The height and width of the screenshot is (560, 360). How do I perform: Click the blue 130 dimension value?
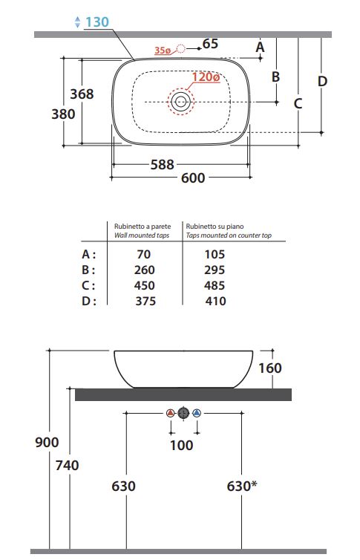pyautogui.click(x=96, y=22)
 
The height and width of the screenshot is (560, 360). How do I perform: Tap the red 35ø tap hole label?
pyautogui.click(x=163, y=51)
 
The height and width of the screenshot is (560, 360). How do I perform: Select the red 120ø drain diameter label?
pyautogui.click(x=206, y=76)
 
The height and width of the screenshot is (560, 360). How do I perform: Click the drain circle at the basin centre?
pyautogui.click(x=180, y=102)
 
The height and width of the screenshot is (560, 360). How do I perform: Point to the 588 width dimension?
pyautogui.click(x=163, y=165)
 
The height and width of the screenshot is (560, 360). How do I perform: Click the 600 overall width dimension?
pyautogui.click(x=193, y=178)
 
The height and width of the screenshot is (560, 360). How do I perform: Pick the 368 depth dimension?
pyautogui.click(x=82, y=94)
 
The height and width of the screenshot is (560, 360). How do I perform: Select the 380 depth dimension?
pyautogui.click(x=63, y=114)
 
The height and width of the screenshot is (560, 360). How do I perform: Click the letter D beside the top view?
pyautogui.click(x=322, y=81)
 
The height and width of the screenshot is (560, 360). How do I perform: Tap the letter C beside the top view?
pyautogui.click(x=298, y=103)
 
